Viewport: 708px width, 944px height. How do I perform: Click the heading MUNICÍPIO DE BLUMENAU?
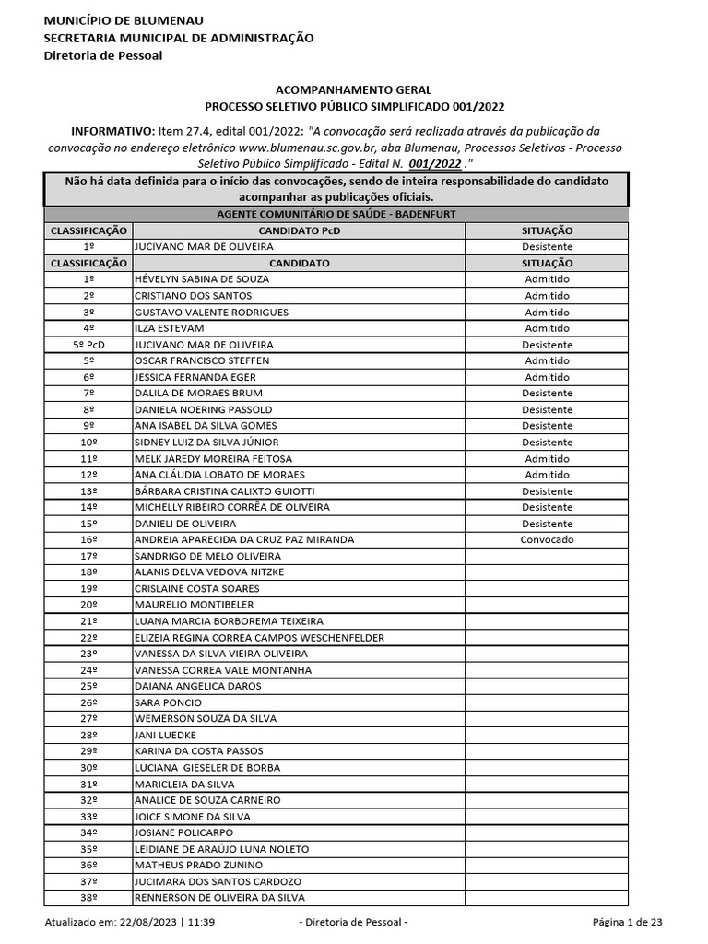[124, 20]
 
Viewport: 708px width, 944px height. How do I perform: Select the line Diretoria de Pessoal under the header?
[103, 55]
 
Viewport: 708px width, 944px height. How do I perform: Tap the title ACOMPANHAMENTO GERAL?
[353, 90]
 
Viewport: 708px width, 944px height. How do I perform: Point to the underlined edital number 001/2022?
[434, 163]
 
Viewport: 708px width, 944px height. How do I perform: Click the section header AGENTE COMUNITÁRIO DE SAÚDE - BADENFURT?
[336, 214]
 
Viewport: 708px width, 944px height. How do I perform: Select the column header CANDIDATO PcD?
[299, 230]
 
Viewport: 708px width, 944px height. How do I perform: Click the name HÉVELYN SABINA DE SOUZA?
[201, 279]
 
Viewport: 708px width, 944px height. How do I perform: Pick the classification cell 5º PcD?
[88, 345]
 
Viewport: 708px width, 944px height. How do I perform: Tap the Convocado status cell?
[547, 539]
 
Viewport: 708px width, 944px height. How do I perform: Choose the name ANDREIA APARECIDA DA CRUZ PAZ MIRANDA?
[243, 539]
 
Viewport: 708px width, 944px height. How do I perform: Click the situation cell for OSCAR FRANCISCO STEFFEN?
[547, 360]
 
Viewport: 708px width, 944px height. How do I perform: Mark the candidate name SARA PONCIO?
[168, 702]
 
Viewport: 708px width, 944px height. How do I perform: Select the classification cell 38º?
[88, 897]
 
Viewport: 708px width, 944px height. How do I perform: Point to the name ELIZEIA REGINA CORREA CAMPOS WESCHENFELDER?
[259, 637]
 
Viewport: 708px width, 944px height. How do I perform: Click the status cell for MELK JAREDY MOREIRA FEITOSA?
[547, 458]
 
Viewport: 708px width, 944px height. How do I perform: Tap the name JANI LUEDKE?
[165, 735]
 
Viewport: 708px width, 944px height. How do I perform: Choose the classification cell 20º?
[88, 605]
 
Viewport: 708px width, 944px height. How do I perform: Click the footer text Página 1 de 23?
[627, 923]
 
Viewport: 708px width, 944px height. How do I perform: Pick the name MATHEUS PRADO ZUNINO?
[198, 865]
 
